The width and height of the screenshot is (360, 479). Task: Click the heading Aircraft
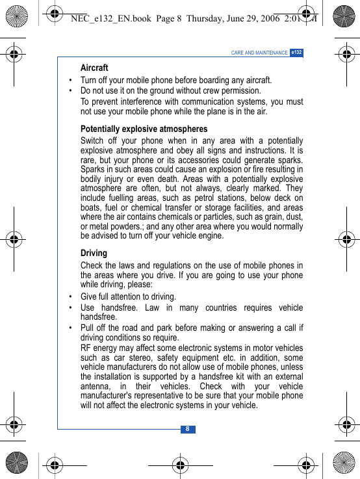94,68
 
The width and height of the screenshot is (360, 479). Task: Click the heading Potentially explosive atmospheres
144,129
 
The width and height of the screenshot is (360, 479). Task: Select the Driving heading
94,253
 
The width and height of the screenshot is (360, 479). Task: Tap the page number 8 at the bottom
188,429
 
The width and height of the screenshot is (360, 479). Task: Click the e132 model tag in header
296,52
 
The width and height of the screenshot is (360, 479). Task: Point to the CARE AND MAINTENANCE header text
259,53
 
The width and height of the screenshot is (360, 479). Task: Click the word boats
91,207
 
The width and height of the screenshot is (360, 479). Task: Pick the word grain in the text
266,216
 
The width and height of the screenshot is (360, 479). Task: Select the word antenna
97,386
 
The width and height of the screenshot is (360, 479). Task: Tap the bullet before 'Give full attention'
71,297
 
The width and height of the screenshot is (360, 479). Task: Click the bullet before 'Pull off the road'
71,328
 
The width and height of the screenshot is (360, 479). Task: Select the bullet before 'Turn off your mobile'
71,81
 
